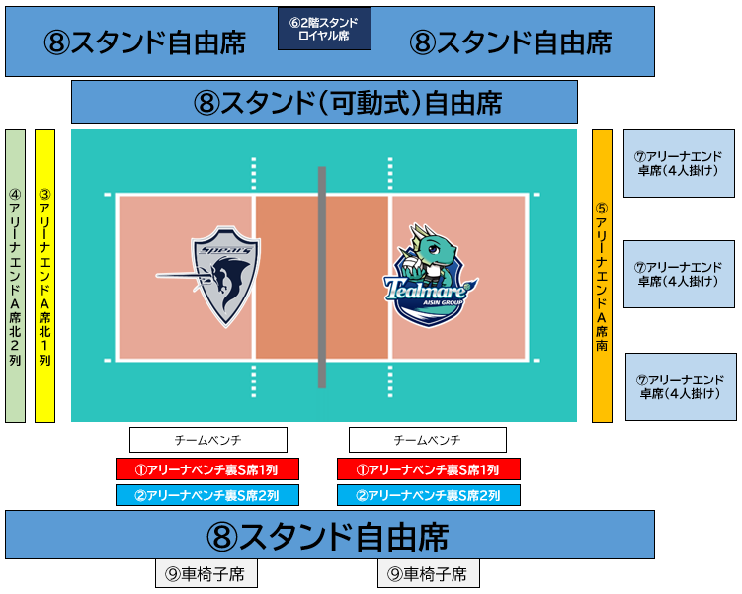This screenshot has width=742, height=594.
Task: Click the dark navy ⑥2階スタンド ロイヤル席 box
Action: [x=324, y=29]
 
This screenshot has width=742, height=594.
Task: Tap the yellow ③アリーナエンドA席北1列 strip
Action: [x=45, y=276]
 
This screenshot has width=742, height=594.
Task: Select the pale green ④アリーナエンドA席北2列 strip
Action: [x=15, y=276]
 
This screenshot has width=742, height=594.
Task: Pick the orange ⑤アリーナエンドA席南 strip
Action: [x=602, y=276]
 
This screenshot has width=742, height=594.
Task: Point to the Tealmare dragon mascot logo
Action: [x=430, y=276]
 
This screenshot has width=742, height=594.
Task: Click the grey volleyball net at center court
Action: [x=322, y=277]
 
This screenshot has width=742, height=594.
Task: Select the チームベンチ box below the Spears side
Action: [x=208, y=440]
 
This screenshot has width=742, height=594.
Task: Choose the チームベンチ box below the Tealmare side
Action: [x=427, y=440]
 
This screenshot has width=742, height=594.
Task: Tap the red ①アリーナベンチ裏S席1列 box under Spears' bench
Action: [x=207, y=469]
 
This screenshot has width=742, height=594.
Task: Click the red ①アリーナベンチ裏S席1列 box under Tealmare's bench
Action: [x=428, y=469]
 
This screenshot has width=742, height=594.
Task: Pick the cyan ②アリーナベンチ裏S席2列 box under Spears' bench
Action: [x=207, y=495]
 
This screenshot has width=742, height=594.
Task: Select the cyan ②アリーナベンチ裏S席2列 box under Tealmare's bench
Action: [x=428, y=495]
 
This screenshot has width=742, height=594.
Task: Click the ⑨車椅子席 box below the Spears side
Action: [x=206, y=573]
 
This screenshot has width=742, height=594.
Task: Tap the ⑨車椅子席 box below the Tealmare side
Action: [x=428, y=573]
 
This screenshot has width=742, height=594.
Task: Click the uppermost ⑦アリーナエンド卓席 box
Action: [x=679, y=163]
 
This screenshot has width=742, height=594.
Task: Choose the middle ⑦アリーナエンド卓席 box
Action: [x=679, y=274]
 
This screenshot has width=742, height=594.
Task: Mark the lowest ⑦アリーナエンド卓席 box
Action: [x=681, y=386]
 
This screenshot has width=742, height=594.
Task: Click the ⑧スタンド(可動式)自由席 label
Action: [x=348, y=102]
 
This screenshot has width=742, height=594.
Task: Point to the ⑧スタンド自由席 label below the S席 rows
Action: [x=327, y=537]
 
